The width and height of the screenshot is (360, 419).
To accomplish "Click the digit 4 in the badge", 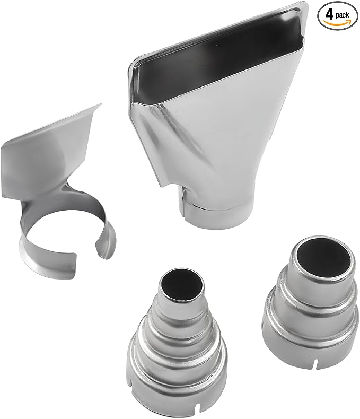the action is click(330, 14).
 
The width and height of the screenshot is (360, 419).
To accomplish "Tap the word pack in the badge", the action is click(342, 15).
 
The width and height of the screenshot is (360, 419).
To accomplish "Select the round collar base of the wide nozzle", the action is click(218, 213).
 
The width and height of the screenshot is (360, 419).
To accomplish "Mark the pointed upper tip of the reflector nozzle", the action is click(100, 104).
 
